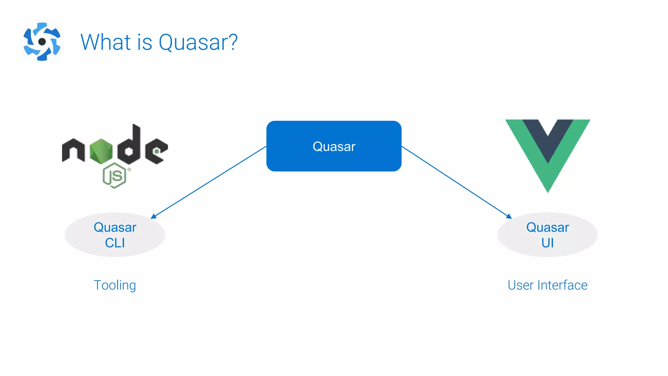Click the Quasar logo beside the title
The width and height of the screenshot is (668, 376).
click(42, 41)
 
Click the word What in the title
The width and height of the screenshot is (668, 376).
click(106, 42)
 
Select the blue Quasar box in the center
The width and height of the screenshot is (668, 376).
click(334, 146)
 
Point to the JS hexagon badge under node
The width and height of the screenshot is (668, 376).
click(114, 176)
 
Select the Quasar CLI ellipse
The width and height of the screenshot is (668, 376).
click(115, 235)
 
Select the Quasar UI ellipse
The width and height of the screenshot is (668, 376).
click(547, 235)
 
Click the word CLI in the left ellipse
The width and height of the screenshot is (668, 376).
click(115, 243)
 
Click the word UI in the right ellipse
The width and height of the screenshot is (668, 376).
click(548, 243)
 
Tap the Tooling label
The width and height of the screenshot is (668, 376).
click(115, 285)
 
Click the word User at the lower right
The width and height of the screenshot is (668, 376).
click(521, 285)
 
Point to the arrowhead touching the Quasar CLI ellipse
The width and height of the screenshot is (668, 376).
click(154, 216)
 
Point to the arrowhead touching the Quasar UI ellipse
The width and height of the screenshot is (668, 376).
click(509, 216)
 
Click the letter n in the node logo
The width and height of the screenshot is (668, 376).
click(73, 150)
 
